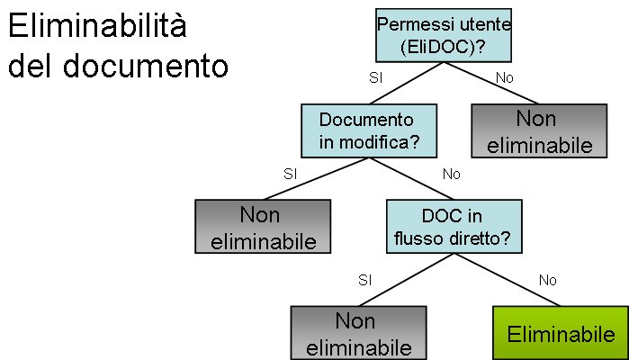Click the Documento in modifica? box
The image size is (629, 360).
click(x=367, y=130)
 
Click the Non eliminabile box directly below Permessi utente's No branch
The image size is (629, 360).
click(x=535, y=131)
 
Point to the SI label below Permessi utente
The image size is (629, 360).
click(x=376, y=77)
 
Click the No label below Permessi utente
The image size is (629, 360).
click(x=505, y=77)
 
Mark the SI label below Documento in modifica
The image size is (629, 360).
click(x=290, y=172)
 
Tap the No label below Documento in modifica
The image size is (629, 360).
click(x=451, y=172)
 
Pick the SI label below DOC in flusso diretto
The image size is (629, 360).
click(x=364, y=280)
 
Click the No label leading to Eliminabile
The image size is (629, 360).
click(x=548, y=280)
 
